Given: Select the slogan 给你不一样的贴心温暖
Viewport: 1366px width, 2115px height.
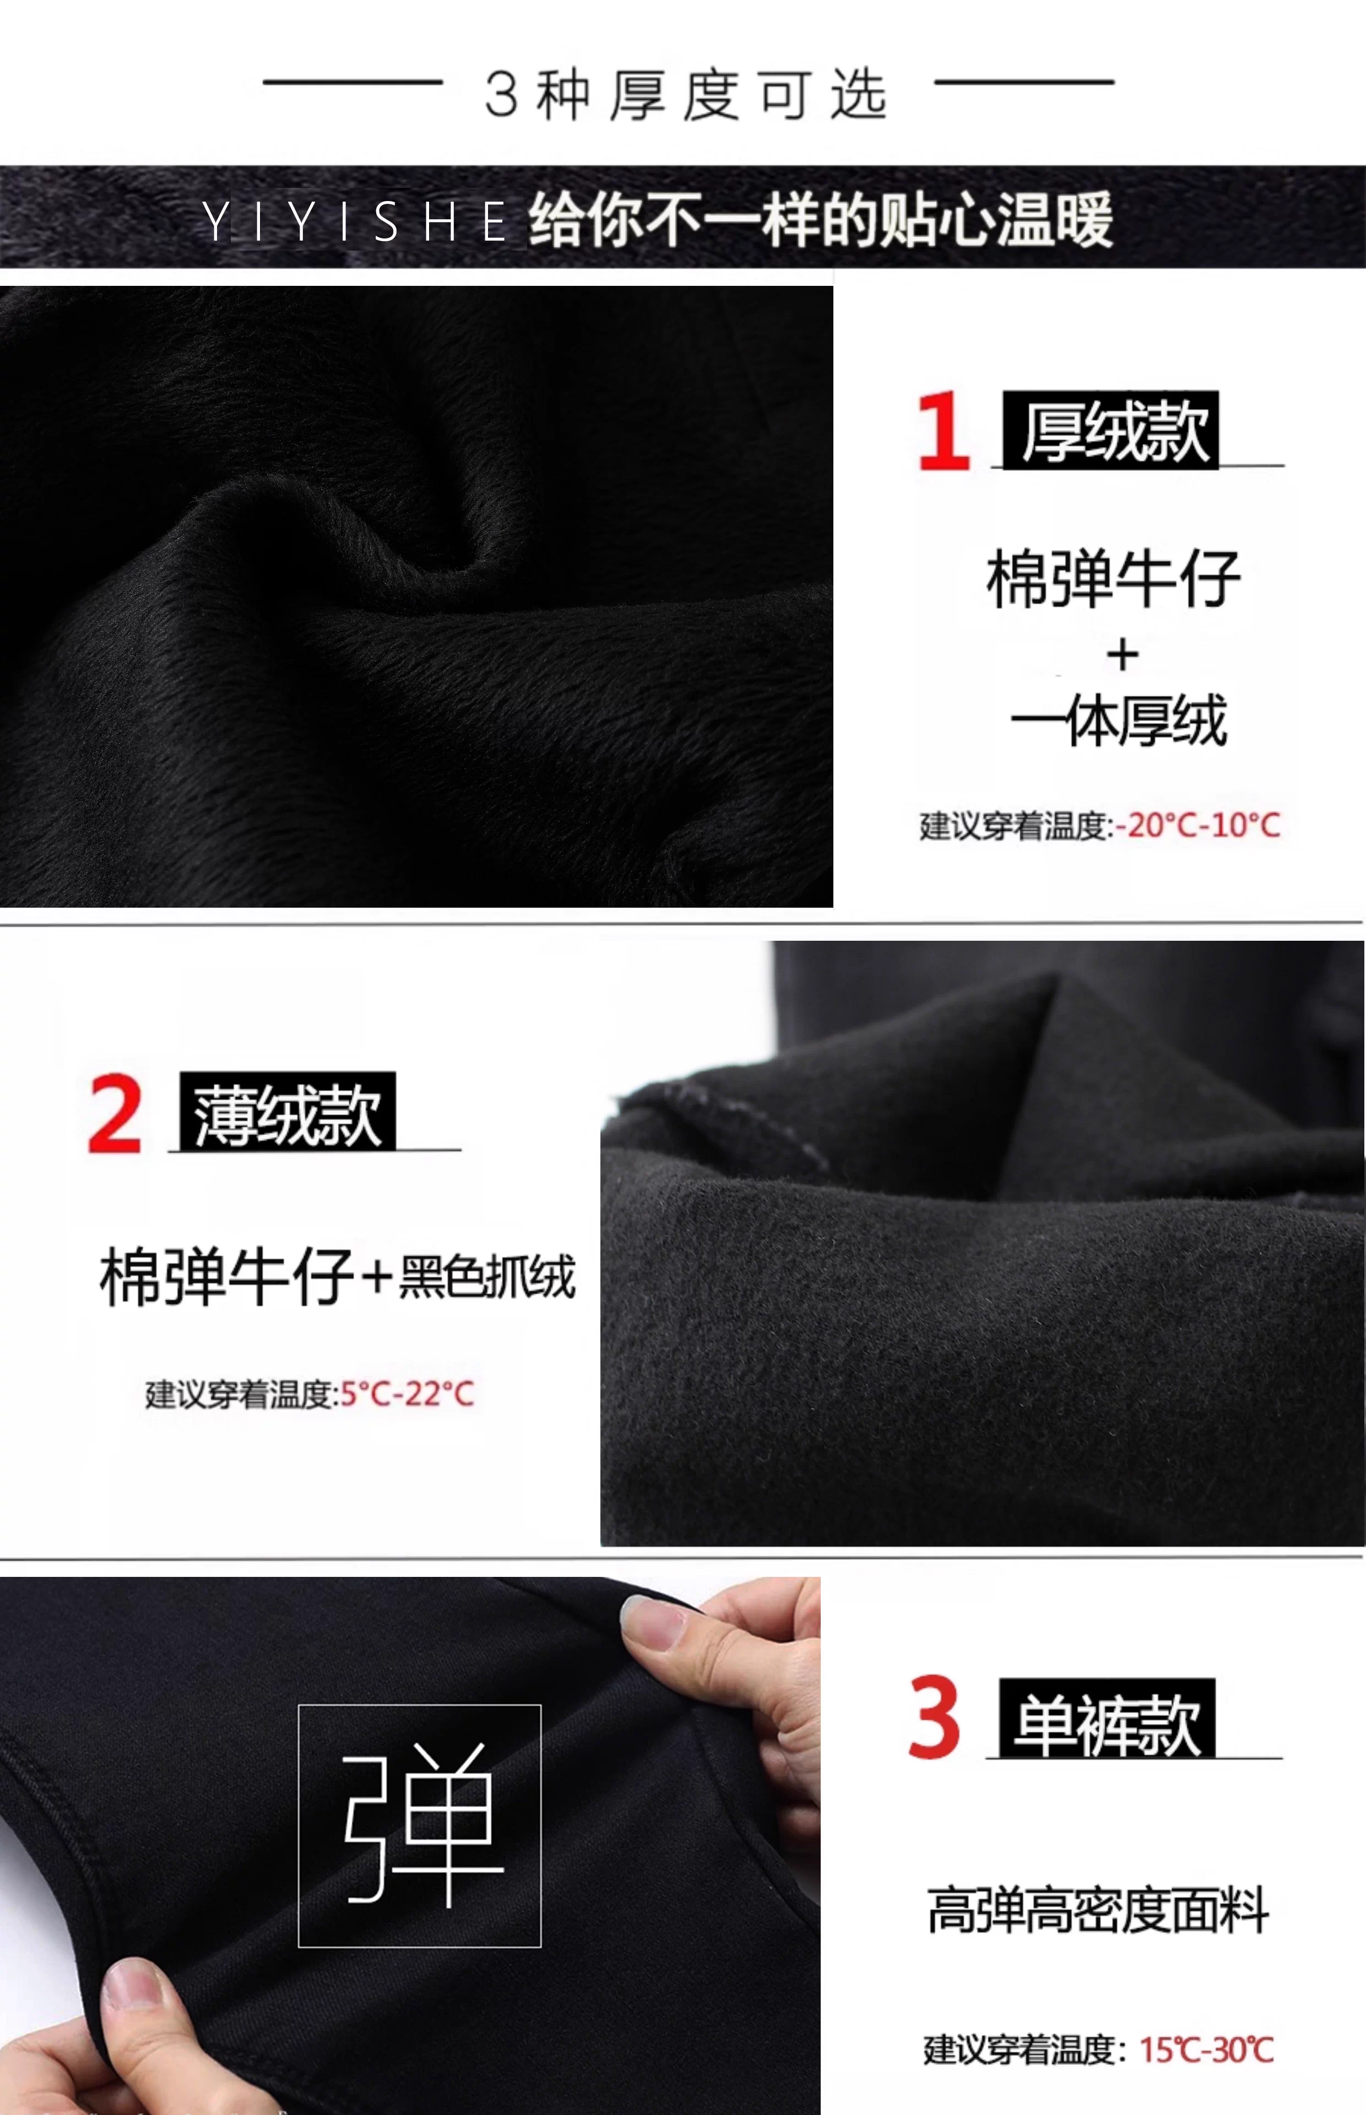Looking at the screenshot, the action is point(821,219).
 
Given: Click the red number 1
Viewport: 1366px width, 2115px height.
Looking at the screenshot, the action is point(944,430).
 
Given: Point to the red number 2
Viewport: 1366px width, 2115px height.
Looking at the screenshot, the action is point(115,1113).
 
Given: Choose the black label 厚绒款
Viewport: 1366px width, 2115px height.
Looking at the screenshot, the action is point(1110,430).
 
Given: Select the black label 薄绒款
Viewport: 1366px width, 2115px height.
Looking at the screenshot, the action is point(288,1111).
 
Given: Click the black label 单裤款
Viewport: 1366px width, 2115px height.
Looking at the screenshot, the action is point(1107,1718).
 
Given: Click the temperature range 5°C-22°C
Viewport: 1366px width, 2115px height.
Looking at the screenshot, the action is point(407,1393).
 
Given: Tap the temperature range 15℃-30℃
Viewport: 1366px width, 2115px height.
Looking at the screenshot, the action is point(1206,2049).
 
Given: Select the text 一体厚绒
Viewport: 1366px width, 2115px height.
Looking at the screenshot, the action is point(1119,720).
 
